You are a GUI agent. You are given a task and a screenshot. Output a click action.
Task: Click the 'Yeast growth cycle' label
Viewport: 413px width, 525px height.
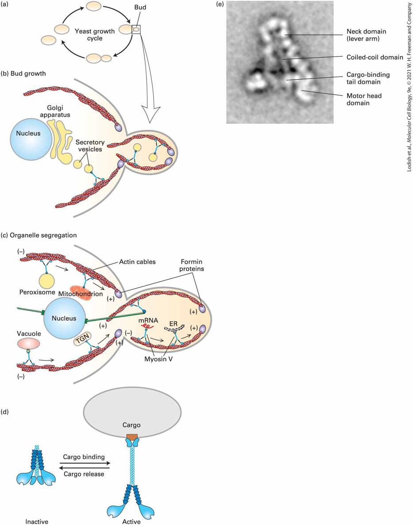pos(95,35)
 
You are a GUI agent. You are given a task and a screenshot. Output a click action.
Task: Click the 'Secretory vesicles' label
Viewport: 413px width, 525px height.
pos(90,146)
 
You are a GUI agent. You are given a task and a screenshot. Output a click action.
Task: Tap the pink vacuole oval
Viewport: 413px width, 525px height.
pos(29,344)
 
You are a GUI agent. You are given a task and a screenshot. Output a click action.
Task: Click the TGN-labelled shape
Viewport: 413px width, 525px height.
pos(82,341)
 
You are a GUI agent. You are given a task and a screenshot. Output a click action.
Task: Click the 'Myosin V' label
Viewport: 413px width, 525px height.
pos(158,359)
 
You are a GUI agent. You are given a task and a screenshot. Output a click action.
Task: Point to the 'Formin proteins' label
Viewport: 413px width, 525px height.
pos(191,265)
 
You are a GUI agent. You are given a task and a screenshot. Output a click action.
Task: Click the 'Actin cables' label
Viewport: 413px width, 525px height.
pos(137,262)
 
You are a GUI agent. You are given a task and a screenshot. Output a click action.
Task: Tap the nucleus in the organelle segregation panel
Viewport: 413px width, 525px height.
pos(64,318)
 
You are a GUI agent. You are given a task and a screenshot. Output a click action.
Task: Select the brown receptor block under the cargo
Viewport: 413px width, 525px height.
pos(132,437)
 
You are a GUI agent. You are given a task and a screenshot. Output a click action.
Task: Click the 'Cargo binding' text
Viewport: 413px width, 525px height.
pos(84,457)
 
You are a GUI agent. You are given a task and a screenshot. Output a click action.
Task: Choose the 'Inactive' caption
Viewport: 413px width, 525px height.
pos(37,521)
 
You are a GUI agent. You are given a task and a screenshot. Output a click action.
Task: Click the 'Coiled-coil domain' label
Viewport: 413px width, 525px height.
pos(374,57)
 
